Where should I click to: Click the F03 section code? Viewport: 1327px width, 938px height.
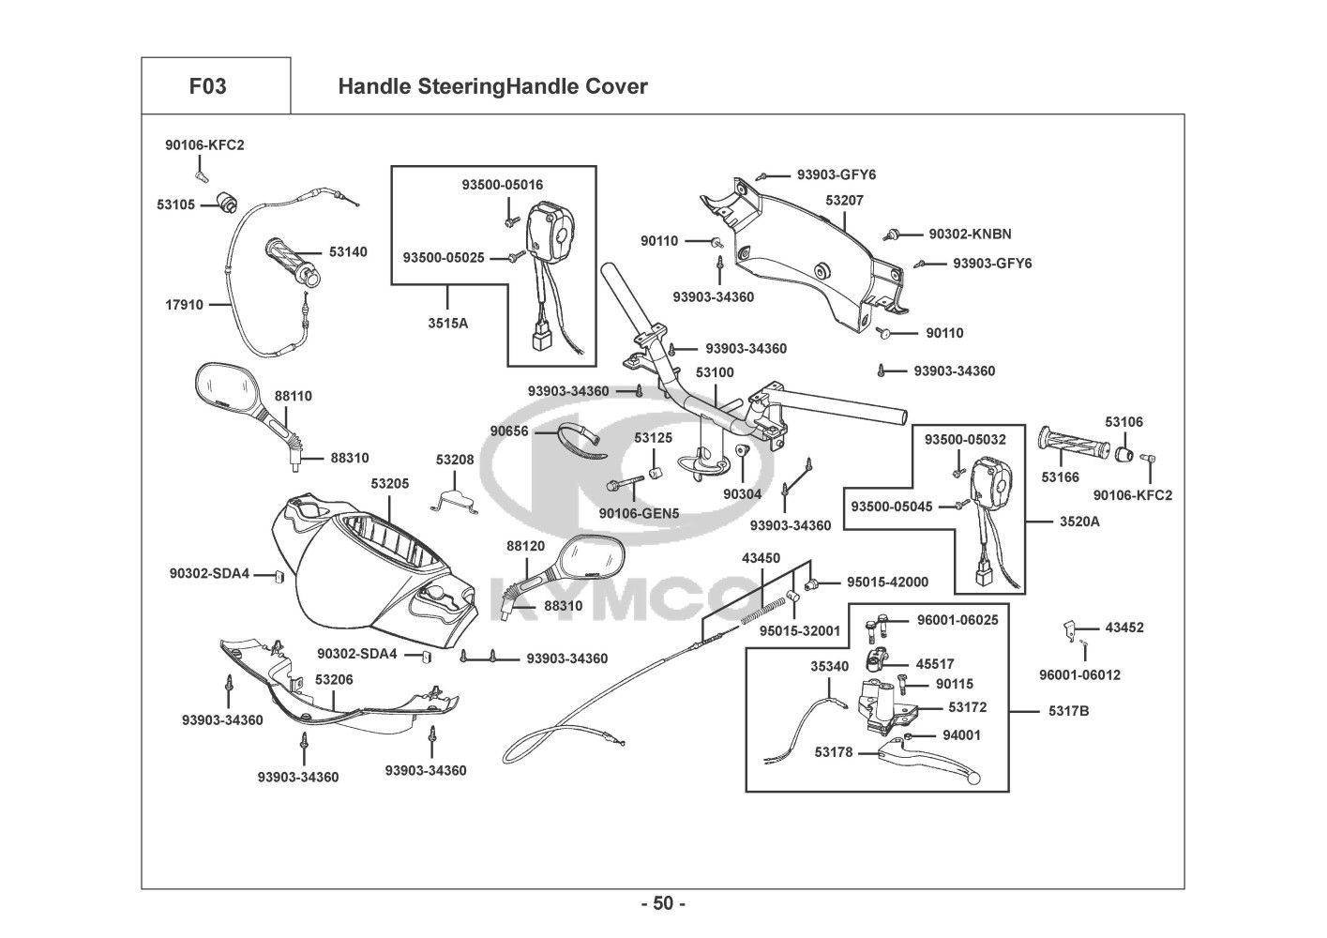click(x=207, y=86)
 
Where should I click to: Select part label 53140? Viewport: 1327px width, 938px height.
click(x=348, y=251)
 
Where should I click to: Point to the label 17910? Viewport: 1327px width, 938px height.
click(x=184, y=305)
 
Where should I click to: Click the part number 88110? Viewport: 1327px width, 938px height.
click(x=294, y=396)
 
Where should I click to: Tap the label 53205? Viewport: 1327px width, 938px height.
click(x=390, y=483)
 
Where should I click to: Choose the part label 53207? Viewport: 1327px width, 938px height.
click(x=845, y=201)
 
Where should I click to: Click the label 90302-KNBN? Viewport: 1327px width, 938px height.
click(x=971, y=234)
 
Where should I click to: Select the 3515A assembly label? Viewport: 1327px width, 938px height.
click(x=448, y=324)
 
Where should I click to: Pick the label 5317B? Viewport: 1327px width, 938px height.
click(x=1069, y=711)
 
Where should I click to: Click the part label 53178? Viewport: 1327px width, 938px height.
click(x=834, y=752)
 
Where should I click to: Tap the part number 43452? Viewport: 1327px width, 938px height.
click(x=1124, y=628)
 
